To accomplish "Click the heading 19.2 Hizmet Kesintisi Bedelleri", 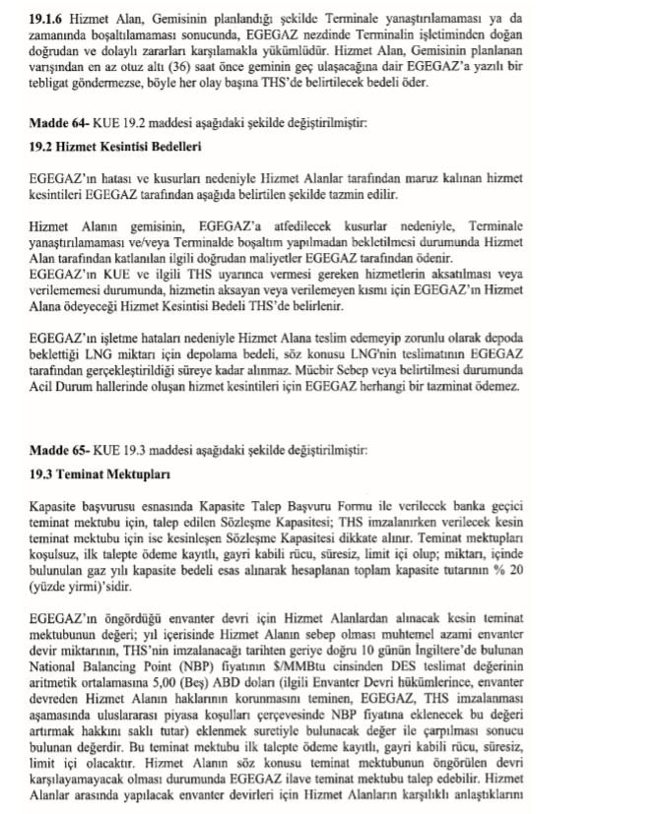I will click(x=116, y=147).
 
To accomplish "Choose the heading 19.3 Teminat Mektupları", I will click(x=93, y=473).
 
